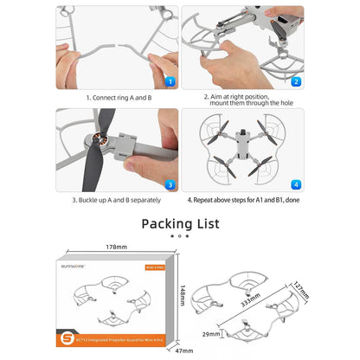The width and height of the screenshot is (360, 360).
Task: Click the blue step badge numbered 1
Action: tap(170, 82)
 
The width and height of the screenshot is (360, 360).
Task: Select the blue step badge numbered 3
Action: tap(170, 184)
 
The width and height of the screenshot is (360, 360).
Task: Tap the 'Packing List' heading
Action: tap(180, 224)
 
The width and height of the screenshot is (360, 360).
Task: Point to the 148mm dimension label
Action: tap(182, 296)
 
